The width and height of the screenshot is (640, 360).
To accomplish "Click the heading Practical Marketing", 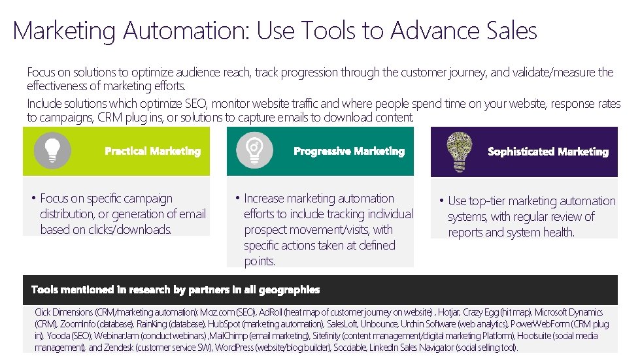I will pos(152,152).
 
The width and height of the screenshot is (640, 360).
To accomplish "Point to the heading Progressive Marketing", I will pos(349,152).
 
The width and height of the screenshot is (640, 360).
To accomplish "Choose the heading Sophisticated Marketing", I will pos(548,152).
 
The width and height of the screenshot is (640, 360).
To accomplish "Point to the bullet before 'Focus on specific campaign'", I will pos(33,199).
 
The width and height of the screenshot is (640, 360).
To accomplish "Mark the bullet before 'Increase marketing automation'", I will pos(237,199).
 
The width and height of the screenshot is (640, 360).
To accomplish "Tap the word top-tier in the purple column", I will pos(486,201).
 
